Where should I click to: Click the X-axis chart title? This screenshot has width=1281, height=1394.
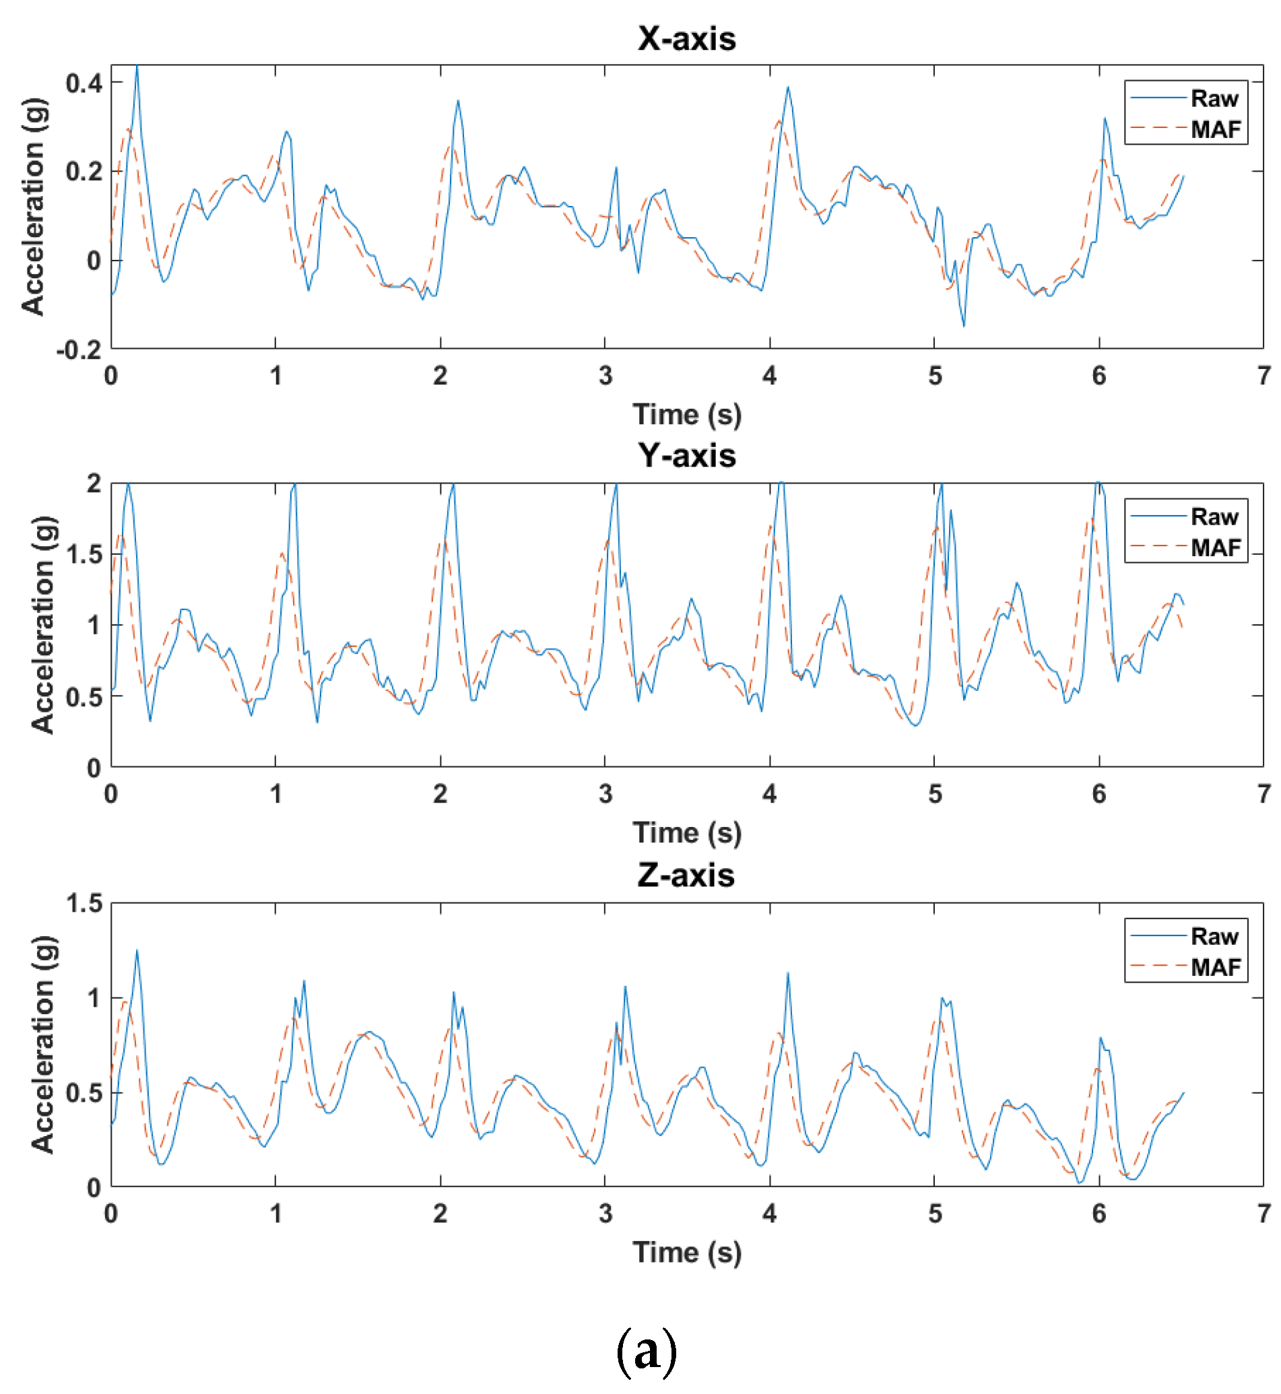click(x=686, y=38)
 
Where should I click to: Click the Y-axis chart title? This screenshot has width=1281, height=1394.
click(x=686, y=455)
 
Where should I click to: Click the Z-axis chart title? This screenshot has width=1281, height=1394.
click(x=686, y=875)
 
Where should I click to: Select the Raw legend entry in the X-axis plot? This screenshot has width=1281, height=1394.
click(x=1214, y=98)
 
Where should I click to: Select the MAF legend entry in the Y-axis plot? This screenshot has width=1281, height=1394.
click(x=1216, y=547)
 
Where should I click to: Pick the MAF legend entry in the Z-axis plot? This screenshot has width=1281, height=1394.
click(x=1216, y=967)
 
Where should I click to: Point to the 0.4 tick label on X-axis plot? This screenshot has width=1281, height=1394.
click(x=84, y=84)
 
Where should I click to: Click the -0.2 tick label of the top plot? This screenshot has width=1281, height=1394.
click(x=79, y=350)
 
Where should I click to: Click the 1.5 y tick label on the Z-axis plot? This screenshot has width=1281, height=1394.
click(x=84, y=903)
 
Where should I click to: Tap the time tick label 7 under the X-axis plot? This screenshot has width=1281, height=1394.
click(x=1263, y=376)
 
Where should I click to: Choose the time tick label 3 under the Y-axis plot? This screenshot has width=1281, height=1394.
click(x=605, y=795)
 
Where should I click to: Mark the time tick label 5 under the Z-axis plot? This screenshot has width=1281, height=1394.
click(x=934, y=1214)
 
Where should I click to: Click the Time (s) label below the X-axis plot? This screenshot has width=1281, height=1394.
click(x=686, y=415)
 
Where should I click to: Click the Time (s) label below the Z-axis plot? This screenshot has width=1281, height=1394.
click(x=686, y=1253)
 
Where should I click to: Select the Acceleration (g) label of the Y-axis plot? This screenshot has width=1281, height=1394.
click(x=43, y=624)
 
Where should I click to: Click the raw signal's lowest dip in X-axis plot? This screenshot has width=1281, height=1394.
click(x=964, y=326)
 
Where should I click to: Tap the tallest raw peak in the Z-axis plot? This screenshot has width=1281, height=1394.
click(x=137, y=950)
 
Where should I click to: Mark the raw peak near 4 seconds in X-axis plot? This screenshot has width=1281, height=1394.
click(x=788, y=88)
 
